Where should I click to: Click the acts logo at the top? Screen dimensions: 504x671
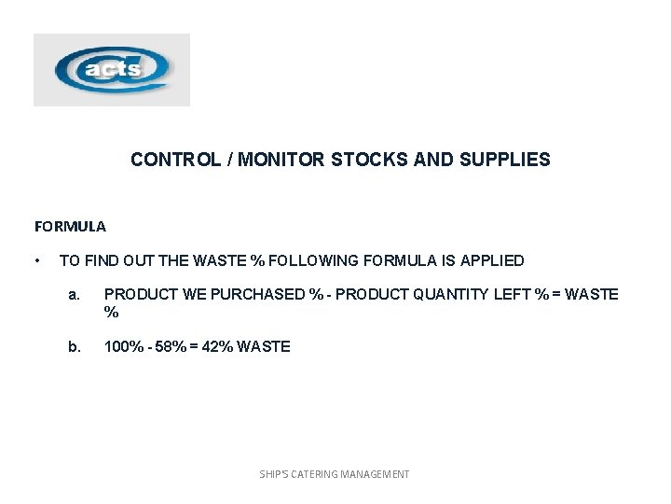coord(112,70)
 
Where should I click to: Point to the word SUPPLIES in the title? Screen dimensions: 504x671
coord(508,160)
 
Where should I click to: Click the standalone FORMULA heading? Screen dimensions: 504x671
coord(70,226)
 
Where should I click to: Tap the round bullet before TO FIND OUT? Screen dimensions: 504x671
coord(36,260)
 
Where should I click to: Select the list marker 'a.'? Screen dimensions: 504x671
coord(75,295)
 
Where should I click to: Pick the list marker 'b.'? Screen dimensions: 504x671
coord(75,346)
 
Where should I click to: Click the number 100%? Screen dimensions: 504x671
coord(121,346)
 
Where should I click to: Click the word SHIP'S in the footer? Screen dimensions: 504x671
coord(274,474)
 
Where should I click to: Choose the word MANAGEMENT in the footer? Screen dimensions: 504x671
coord(378,474)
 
